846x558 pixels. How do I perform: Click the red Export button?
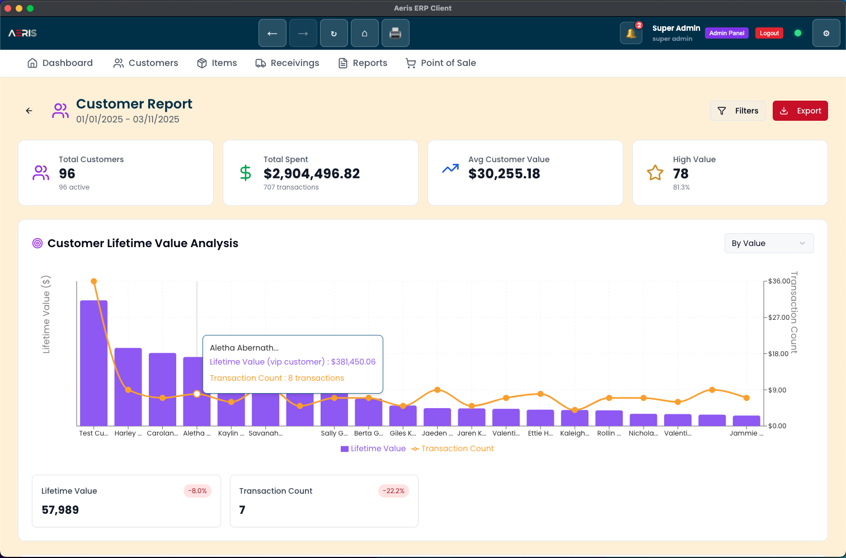[x=800, y=111]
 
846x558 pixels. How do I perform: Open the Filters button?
[x=738, y=111]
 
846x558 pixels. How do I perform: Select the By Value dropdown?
[x=769, y=243]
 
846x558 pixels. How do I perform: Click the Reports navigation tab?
[x=363, y=63]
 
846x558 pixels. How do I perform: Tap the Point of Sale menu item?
[x=441, y=63]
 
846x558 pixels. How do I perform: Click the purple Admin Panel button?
[x=726, y=33]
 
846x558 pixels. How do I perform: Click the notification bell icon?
[x=631, y=33]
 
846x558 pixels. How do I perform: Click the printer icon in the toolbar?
[x=395, y=33]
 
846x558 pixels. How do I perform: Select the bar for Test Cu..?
[x=94, y=363]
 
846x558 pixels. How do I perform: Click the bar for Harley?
[x=128, y=387]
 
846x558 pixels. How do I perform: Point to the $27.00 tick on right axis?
[x=778, y=318]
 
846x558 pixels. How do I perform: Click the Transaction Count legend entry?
[x=453, y=448]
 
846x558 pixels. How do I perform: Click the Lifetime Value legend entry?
[x=373, y=448]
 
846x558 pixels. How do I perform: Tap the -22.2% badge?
[x=394, y=491]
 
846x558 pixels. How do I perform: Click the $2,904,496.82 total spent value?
[x=312, y=174]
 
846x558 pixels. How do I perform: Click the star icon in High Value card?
[x=655, y=173]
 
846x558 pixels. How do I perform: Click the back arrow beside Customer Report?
[x=29, y=111]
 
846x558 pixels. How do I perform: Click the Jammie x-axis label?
[x=746, y=433]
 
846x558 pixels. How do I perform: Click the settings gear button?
[x=826, y=33]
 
